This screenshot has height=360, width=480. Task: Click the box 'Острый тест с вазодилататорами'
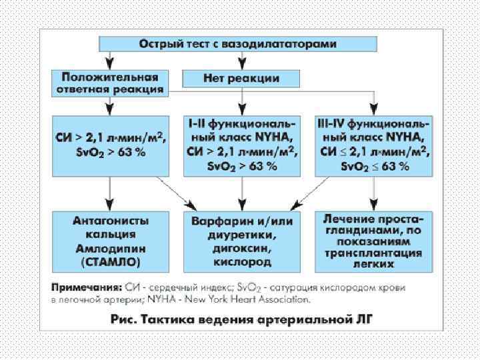tap(238, 43)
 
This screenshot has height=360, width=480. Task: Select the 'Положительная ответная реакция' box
tap(109, 82)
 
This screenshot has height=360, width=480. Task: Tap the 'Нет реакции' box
tap(241, 78)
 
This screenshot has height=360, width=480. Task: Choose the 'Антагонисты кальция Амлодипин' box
tap(109, 241)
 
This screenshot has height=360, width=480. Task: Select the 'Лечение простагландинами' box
tap(373, 241)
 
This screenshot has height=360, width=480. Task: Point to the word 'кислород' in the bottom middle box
tap(241, 262)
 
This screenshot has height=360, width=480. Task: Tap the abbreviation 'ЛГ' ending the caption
tap(365, 319)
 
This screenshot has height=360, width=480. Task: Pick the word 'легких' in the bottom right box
tap(373, 264)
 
